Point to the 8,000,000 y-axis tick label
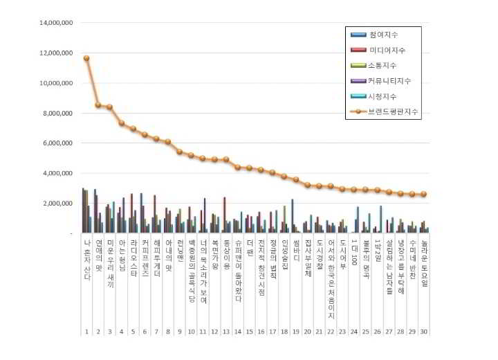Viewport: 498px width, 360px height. click(57, 114)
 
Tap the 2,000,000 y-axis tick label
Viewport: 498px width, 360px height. click(57, 204)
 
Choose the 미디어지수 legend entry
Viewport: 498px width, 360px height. click(387, 50)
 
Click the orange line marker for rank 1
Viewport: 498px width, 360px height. click(86, 58)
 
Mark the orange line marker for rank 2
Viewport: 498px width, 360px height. click(98, 105)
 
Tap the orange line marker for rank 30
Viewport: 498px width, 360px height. click(423, 195)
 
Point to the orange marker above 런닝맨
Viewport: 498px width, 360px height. click(179, 152)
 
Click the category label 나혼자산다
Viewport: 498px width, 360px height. click(86, 260)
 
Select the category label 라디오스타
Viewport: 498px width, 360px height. click(133, 260)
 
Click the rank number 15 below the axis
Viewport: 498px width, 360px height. click(249, 332)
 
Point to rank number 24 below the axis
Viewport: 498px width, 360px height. click(353, 332)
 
